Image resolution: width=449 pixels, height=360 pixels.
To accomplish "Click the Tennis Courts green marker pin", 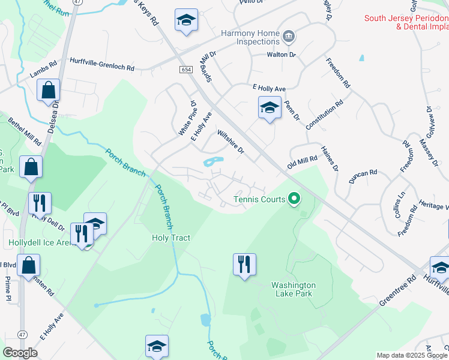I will pos(294,197).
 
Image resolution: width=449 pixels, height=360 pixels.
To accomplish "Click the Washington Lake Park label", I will pos(293,289).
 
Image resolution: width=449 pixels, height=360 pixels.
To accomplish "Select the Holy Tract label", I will pos(170,238).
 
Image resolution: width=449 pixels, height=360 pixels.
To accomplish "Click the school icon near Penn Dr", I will pos(270,108).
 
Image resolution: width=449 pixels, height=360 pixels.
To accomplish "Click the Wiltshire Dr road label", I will pos(231,142).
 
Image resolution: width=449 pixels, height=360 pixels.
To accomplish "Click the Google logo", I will pos(20,353).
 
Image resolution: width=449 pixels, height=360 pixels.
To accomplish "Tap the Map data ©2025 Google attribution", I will pos(411,355).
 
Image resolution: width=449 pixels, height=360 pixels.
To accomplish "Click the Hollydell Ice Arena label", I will pos(39,244).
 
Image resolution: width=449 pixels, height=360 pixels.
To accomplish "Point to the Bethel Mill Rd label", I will pos(24,131).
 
